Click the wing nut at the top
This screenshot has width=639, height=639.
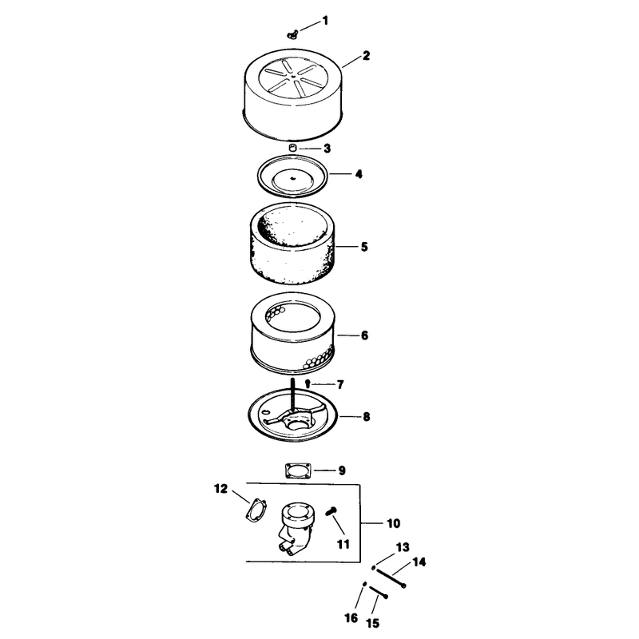tap(292, 34)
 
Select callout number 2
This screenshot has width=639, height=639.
tap(366, 55)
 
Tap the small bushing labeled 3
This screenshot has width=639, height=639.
tap(292, 148)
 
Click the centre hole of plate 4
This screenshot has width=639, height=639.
tap(292, 177)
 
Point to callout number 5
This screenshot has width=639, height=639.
tap(364, 247)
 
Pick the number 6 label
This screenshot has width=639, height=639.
tap(364, 335)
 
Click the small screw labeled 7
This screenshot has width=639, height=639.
tap(308, 383)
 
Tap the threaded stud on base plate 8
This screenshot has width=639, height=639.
tap(292, 395)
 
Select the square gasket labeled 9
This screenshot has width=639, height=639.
tap(298, 470)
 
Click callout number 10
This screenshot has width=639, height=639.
tap(393, 523)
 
